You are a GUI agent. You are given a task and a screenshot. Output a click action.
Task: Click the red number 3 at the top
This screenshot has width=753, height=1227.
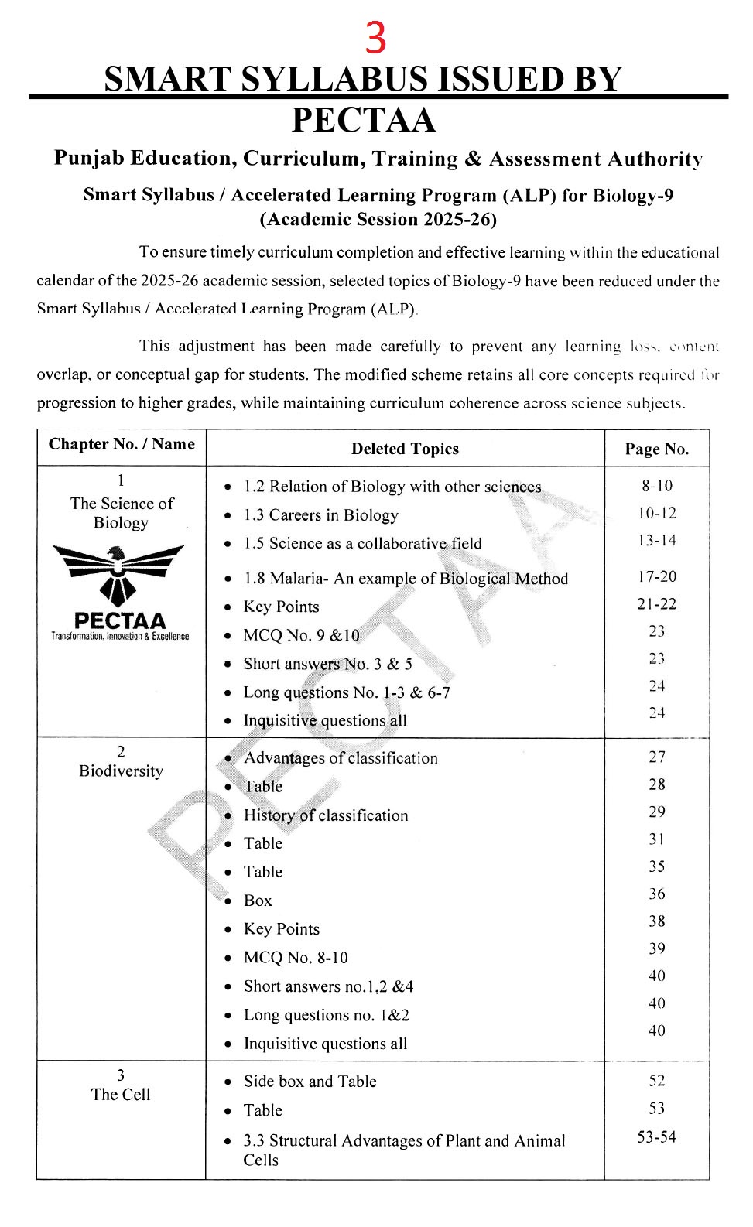[x=375, y=38]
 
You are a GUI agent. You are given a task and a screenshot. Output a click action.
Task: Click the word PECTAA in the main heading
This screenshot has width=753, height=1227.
[x=364, y=120]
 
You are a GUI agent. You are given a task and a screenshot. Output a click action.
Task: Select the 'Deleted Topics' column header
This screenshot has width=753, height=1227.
[x=405, y=449]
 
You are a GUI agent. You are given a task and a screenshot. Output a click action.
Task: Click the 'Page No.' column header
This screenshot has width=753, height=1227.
[x=656, y=449]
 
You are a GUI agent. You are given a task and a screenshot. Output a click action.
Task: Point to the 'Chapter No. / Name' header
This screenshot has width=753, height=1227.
[x=122, y=444]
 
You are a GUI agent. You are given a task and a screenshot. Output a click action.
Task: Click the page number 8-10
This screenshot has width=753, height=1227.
[x=656, y=486]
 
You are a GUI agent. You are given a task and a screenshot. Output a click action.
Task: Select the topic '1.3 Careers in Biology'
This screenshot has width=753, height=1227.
[x=320, y=515]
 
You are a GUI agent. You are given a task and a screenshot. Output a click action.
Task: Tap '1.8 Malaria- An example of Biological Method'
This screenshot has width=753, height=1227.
[x=406, y=579]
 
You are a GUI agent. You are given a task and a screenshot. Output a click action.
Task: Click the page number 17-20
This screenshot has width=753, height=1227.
[x=656, y=576]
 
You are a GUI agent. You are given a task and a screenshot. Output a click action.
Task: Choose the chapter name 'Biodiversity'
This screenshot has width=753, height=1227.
[x=121, y=771]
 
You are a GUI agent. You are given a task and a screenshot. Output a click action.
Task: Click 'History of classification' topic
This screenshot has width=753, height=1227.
[x=325, y=815]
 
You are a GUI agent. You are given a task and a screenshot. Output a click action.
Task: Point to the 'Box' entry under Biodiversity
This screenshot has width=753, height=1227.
[x=258, y=901]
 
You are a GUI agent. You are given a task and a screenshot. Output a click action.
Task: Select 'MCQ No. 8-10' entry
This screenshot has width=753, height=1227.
[x=296, y=958]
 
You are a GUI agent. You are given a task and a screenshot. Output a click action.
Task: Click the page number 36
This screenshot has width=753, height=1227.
[x=656, y=894]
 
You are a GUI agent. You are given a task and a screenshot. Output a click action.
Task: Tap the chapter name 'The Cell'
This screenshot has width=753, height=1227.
[x=121, y=1095]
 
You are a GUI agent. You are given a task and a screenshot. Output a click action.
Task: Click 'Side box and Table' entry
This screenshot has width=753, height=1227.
[x=310, y=1082]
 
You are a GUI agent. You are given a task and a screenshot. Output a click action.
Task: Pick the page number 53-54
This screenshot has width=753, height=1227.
[x=656, y=1137]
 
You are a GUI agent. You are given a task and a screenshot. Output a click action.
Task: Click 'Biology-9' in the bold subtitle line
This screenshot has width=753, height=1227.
[x=632, y=195]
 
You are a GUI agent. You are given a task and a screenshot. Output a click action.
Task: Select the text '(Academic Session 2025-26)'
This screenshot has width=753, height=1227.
[x=378, y=220]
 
